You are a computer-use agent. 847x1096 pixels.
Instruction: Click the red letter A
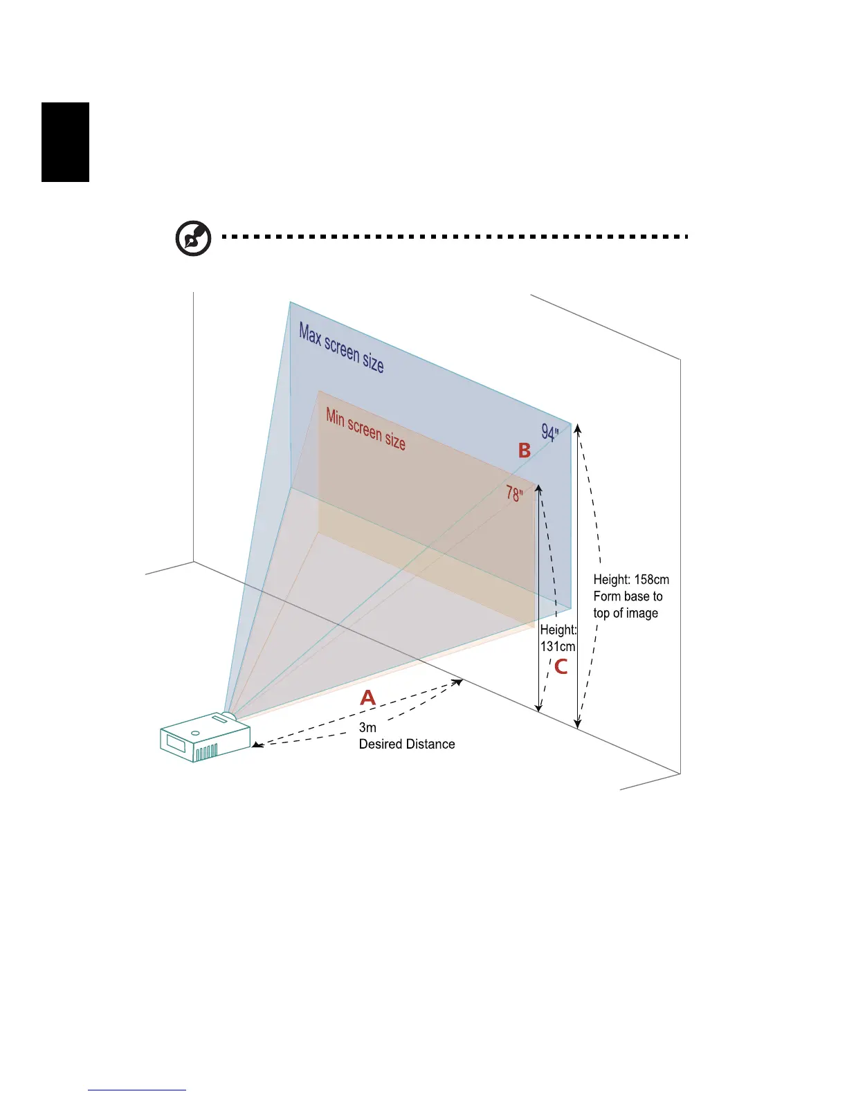pos(367,697)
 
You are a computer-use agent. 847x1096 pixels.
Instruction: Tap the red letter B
pos(525,450)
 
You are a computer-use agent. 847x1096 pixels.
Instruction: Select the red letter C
pos(561,667)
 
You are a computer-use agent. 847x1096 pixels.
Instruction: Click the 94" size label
pos(550,432)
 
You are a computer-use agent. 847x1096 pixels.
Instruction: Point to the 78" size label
pos(514,493)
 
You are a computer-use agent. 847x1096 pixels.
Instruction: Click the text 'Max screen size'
pos(341,348)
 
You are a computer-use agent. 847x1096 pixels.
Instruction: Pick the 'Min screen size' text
pos(365,429)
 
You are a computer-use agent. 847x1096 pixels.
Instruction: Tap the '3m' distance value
pos(367,727)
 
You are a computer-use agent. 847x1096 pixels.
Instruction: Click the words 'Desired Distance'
pos(407,745)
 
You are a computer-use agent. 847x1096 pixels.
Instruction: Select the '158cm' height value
pos(651,580)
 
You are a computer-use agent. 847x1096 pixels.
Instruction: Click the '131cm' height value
pos(558,646)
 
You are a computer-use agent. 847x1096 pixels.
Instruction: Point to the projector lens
pos(228,717)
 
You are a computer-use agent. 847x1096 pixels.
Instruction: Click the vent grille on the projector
pos(206,753)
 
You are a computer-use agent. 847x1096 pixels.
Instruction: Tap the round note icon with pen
pos(194,238)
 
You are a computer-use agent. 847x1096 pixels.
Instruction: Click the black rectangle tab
pos(66,142)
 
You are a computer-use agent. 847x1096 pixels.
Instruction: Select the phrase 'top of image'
pos(626,613)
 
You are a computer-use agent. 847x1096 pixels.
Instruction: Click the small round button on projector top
pos(195,733)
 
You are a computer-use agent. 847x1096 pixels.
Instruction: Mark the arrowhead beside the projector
pos(256,745)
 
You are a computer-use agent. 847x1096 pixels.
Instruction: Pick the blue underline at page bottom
pos(137,1090)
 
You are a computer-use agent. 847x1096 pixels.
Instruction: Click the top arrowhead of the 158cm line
pos(578,427)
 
